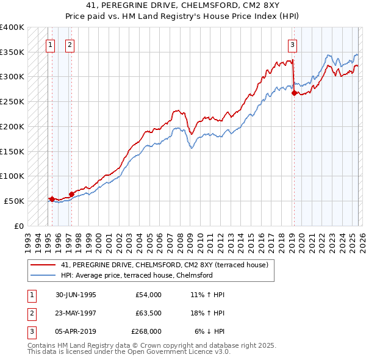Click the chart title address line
pos(183,5)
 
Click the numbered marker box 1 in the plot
pos(50,44)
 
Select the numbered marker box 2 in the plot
pos(70,44)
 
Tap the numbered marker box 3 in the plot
pos(293,44)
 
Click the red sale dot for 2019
pos(294,93)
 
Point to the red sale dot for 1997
pos(71,195)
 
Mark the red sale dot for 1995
pos(52,199)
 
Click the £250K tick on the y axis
pos(12,101)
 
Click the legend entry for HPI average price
pos(137,275)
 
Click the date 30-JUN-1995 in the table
pos(76,295)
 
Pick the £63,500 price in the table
pos(146,313)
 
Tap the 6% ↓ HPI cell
pos(210,331)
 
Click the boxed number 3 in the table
pos(30,331)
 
